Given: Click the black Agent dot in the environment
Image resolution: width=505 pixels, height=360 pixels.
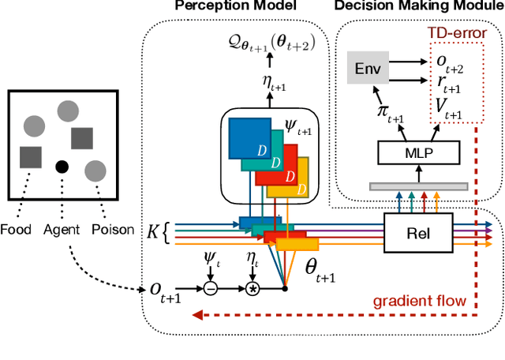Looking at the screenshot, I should tap(60, 167).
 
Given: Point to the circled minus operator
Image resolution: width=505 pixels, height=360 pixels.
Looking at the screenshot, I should tap(211, 289).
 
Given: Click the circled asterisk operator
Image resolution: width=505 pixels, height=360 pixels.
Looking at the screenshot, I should tap(253, 289).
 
